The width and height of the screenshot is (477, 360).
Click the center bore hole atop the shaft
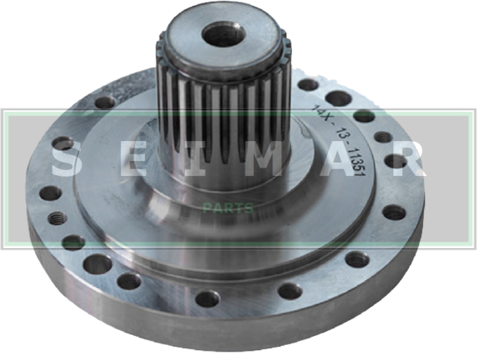(x=224, y=34)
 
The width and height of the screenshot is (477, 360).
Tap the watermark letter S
(x=64, y=158)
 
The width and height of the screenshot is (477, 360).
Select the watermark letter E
(x=133, y=158)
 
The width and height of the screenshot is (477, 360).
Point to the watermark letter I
(x=195, y=158)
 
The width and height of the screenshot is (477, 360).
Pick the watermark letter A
(x=338, y=158)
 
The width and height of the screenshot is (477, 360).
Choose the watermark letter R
(x=407, y=158)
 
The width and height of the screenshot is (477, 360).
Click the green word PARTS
(x=228, y=208)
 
